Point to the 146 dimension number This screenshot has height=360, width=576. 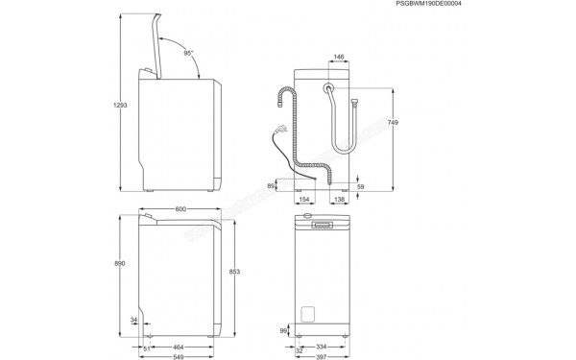pos(339,57)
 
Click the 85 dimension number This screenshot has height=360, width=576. pos(273,185)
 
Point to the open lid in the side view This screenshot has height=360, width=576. pos(154,43)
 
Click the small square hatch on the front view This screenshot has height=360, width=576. pos(309,314)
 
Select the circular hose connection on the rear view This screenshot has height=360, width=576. pos(329,87)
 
